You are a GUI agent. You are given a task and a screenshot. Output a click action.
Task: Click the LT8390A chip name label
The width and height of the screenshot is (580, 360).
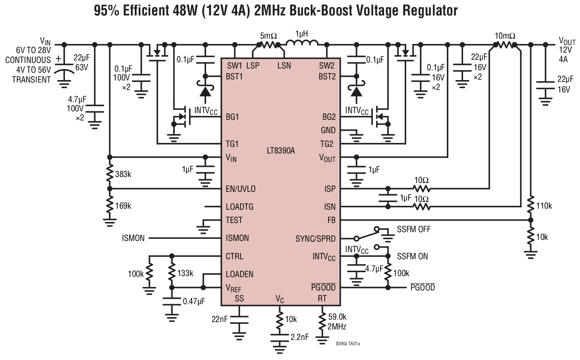click(281, 151)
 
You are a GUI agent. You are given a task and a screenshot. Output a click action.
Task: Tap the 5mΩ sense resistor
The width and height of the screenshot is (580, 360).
click(268, 45)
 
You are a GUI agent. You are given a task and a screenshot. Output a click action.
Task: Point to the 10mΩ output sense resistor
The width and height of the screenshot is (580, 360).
click(505, 45)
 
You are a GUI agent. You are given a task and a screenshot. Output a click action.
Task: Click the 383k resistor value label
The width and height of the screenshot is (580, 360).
click(123, 174)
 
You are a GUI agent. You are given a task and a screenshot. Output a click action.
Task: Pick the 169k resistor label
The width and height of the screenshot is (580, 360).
click(123, 206)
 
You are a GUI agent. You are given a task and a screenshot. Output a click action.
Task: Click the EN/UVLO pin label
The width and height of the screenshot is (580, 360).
click(240, 189)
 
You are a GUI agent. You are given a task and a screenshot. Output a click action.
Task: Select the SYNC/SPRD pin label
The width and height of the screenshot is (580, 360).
click(315, 239)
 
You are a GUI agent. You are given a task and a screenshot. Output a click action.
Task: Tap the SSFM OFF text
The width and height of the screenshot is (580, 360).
click(414, 229)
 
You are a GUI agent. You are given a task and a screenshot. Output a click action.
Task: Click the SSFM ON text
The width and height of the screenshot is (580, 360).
click(412, 256)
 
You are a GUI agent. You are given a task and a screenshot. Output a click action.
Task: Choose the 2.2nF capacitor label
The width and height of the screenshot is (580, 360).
click(299, 337)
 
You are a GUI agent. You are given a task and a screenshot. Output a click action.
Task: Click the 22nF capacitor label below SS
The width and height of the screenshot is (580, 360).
click(219, 319)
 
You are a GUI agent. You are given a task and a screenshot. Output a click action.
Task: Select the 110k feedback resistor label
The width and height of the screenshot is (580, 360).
click(544, 206)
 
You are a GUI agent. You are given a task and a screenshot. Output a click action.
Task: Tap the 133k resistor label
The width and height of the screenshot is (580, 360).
click(185, 273)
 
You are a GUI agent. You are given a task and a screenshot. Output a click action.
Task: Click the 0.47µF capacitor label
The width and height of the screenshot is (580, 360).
click(194, 301)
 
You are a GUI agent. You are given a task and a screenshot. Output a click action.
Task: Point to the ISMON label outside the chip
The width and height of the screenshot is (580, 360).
click(133, 238)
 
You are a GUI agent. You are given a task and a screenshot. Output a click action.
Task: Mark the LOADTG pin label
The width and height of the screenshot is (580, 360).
click(239, 207)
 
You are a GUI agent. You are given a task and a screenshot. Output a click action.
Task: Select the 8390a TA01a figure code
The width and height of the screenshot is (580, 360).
click(348, 343)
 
